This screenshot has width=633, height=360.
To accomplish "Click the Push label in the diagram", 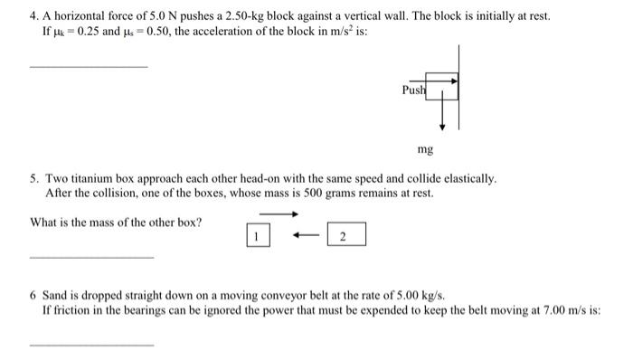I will click(412, 90).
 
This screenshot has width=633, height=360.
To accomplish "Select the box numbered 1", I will click(256, 237).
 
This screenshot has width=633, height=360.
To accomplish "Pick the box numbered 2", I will click(346, 237).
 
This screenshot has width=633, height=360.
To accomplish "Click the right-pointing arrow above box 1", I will click(279, 214).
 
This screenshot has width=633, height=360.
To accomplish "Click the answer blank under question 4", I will click(89, 65).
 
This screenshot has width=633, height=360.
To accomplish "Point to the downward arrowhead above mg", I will click(442, 126).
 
